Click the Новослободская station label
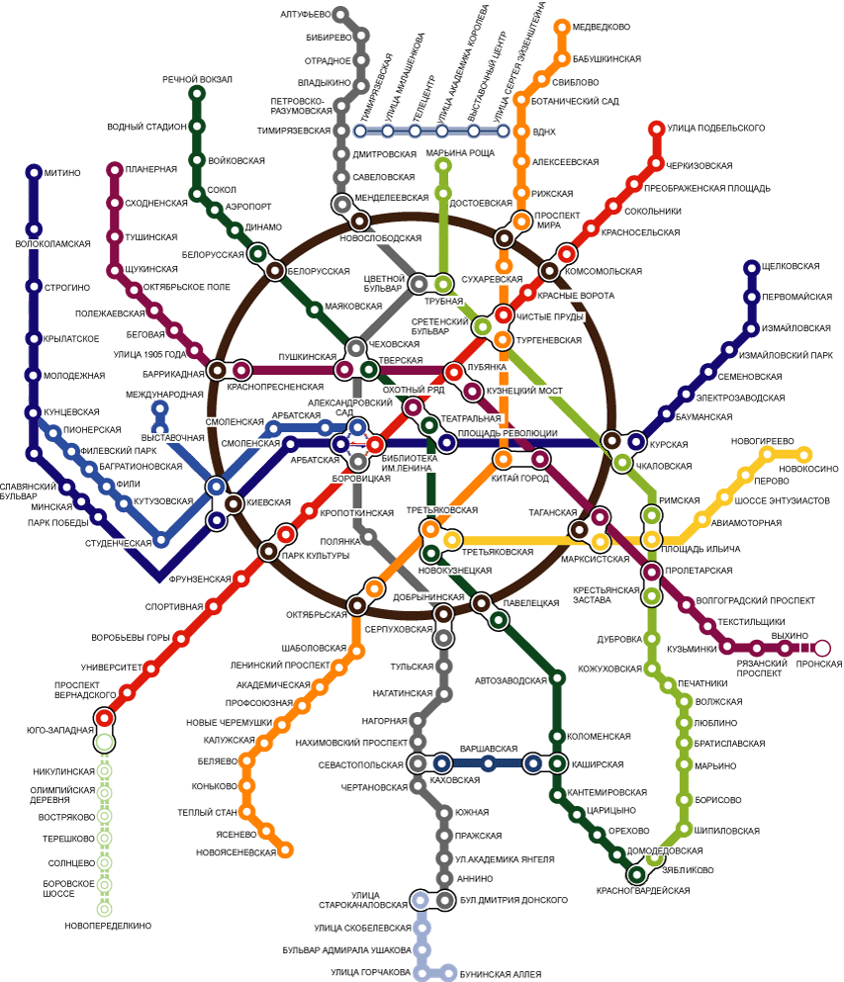click(381, 239)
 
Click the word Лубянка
click(487, 367)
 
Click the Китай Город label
click(518, 479)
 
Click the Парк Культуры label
click(318, 556)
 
